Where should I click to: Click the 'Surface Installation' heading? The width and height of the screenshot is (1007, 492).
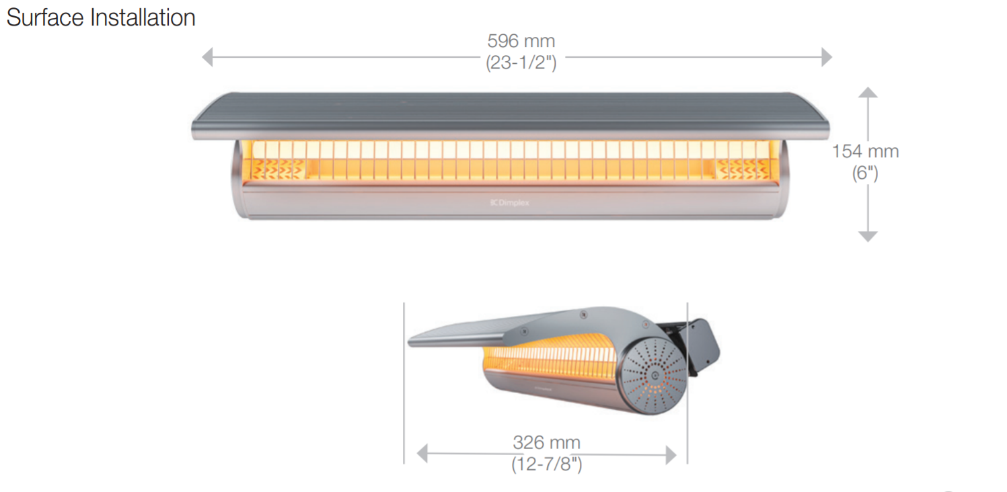pos(101,17)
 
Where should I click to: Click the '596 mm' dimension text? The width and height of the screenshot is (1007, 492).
pos(521,41)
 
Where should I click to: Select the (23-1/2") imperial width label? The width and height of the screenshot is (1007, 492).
pos(521,63)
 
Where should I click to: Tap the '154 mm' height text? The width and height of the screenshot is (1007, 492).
pos(865,151)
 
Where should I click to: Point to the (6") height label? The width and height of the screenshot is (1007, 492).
pos(865,173)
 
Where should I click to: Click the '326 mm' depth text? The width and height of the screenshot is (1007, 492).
pos(546,442)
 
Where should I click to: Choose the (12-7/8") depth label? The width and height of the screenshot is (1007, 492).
pos(546,464)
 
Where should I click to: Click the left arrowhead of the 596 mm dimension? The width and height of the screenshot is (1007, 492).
pos(207,57)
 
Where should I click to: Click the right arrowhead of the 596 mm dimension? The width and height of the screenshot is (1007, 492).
pos(827,57)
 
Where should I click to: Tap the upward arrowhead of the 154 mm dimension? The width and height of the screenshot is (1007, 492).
pos(868,93)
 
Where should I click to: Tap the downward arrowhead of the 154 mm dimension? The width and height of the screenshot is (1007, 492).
pos(868,236)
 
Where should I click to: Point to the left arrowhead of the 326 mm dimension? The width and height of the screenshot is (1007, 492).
pos(422,454)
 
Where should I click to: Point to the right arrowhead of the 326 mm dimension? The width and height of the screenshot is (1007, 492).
pos(671,454)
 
